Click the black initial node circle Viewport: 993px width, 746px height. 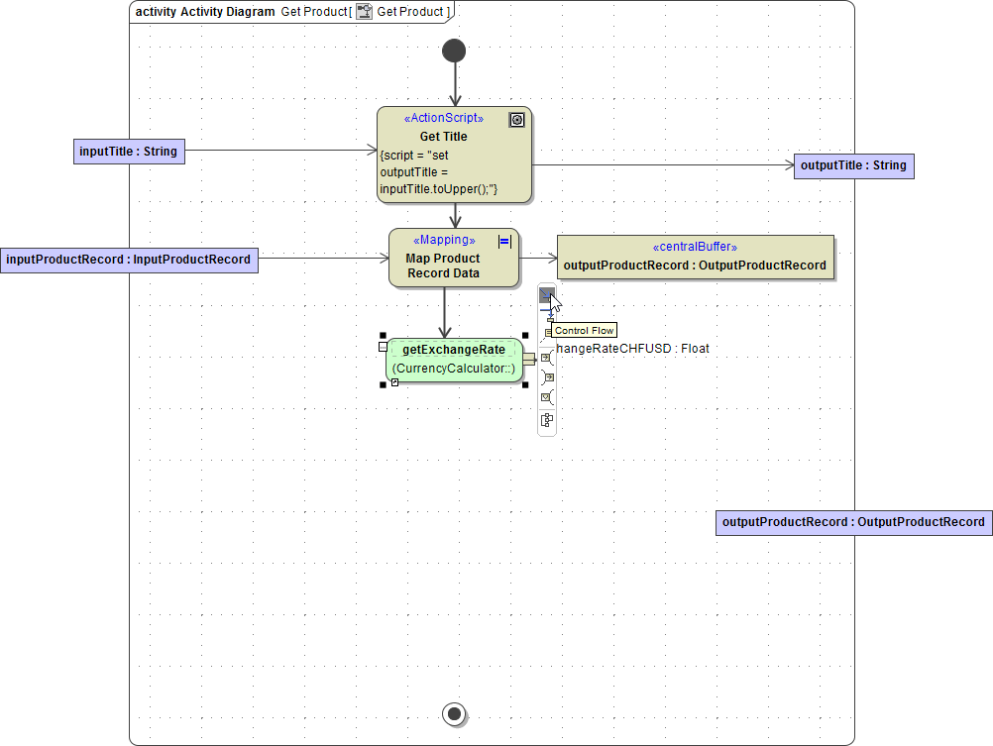point(454,51)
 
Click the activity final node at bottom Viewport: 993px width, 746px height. point(454,713)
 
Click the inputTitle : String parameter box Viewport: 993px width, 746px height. point(129,152)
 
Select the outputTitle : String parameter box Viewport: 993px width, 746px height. point(853,165)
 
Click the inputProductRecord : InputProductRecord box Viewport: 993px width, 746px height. point(129,260)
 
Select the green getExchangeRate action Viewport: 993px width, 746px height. point(453,360)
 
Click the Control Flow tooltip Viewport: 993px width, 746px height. point(585,331)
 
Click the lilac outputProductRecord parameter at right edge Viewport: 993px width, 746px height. point(853,522)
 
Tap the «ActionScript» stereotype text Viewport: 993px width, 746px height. point(443,118)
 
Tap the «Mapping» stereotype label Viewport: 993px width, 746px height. point(444,241)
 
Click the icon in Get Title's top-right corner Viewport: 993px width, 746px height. point(516,120)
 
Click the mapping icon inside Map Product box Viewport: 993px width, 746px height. point(504,241)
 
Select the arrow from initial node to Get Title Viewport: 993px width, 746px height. point(455,84)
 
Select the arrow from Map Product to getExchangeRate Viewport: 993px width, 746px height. point(445,312)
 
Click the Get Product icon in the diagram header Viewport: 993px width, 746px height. point(365,12)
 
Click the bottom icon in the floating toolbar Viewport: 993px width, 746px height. point(547,420)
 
